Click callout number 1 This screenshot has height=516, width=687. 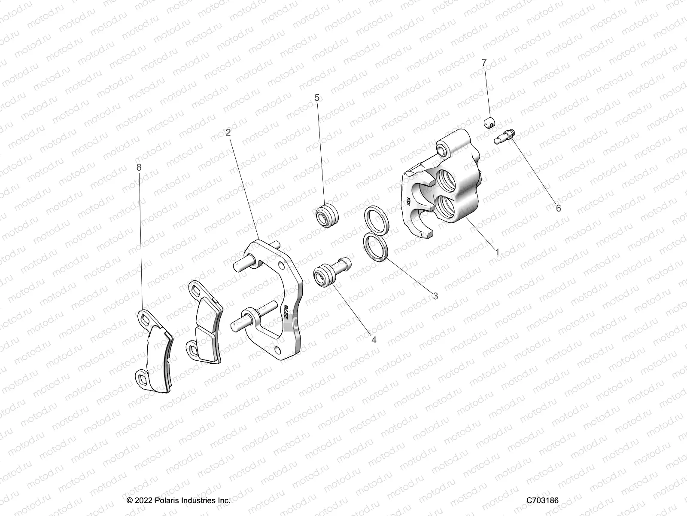coord(498,252)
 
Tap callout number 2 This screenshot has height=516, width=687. coord(228,132)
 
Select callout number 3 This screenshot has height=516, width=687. coord(435,296)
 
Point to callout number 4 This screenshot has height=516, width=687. coord(374,340)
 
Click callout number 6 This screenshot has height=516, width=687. coord(558,208)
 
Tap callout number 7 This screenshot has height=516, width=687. coord(484,63)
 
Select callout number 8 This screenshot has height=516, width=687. coord(139,168)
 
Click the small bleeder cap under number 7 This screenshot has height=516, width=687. coord(488,123)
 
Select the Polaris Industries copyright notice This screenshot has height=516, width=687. coord(179,501)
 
